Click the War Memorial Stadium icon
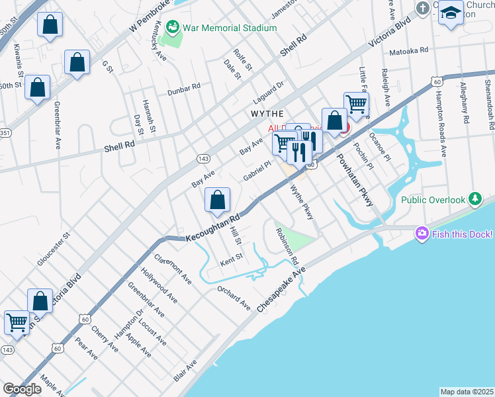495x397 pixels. (173, 28)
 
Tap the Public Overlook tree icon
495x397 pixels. (474, 199)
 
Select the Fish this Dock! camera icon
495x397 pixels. (422, 234)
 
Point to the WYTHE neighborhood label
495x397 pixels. (268, 114)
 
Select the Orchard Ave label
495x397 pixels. (234, 298)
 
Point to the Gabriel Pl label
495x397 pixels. (257, 172)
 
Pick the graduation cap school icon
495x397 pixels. (451, 13)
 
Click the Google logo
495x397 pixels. (22, 389)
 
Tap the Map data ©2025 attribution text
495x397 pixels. (467, 392)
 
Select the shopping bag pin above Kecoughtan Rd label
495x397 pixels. (217, 200)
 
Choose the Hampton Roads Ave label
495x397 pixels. (440, 106)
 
